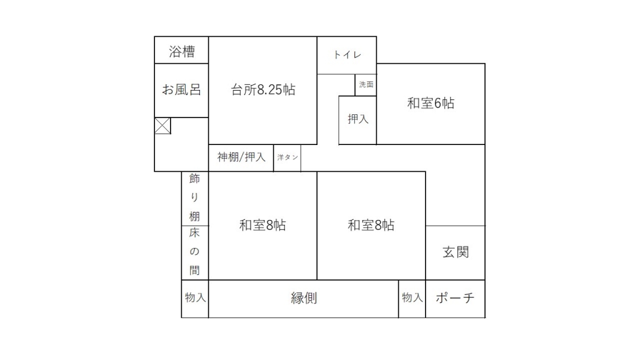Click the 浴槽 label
pyautogui.click(x=182, y=51)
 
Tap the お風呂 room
pyautogui.click(x=182, y=90)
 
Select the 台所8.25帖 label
pyautogui.click(x=263, y=89)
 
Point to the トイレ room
pyautogui.click(x=346, y=55)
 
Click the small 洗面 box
pyautogui.click(x=366, y=85)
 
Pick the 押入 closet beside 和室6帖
pyautogui.click(x=357, y=120)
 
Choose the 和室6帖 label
pyautogui.click(x=431, y=103)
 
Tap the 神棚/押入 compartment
pyautogui.click(x=241, y=157)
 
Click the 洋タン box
pyautogui.click(x=287, y=157)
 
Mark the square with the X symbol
pyautogui.click(x=162, y=126)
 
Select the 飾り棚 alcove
pyautogui.click(x=195, y=198)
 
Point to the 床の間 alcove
pyautogui.click(x=195, y=252)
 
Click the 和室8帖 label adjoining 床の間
pyautogui.click(x=262, y=225)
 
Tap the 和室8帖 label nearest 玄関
pyautogui.click(x=371, y=225)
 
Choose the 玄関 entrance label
pyautogui.click(x=456, y=252)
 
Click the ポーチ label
pyautogui.click(x=455, y=298)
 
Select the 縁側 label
pyautogui.click(x=304, y=298)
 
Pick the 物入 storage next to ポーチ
pyautogui.click(x=412, y=299)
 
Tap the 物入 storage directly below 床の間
pyautogui.click(x=195, y=299)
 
